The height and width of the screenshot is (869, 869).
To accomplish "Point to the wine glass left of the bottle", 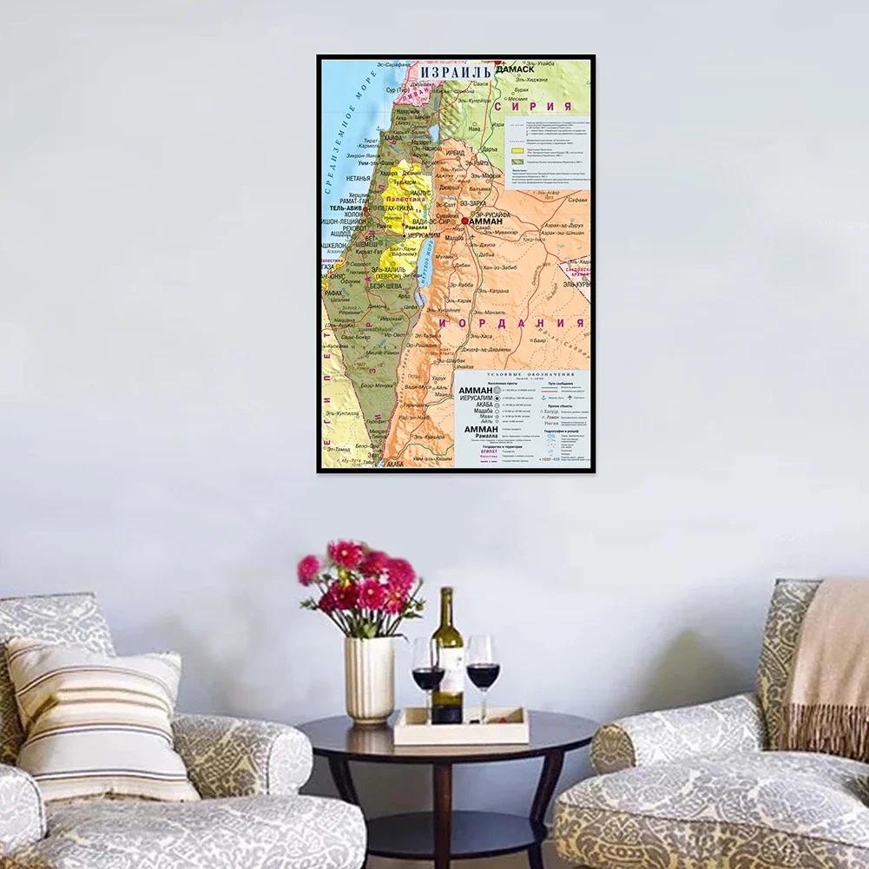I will [428, 668].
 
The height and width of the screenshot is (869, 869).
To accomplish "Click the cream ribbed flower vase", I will [369, 678].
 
